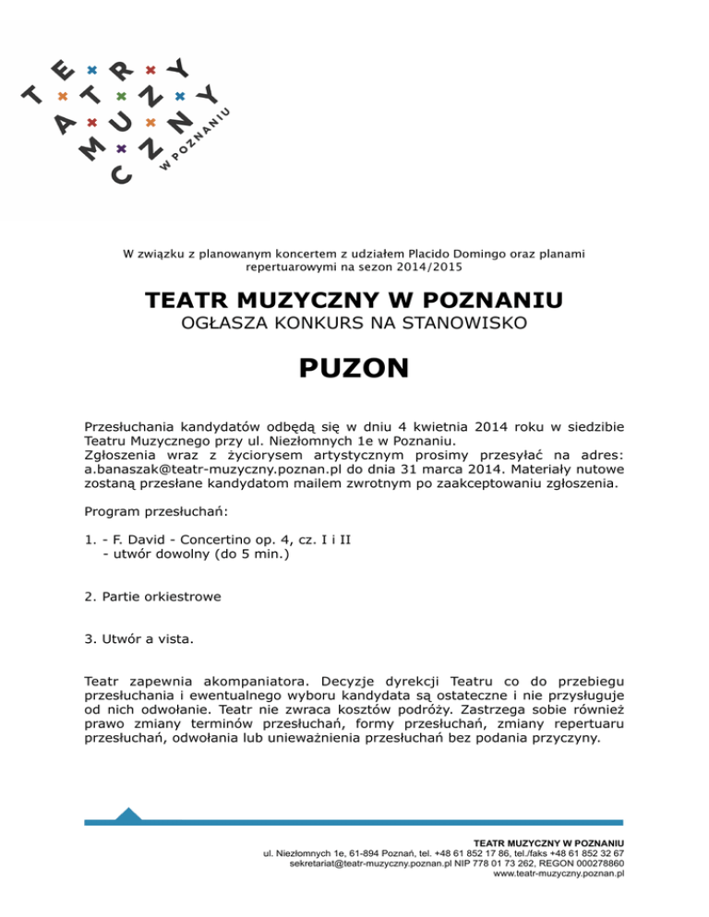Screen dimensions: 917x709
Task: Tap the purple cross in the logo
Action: tap(121, 148)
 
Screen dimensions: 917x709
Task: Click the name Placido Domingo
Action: tap(509, 252)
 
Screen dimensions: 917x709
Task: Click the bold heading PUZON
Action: tap(354, 370)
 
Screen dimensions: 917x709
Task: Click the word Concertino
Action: tap(221, 540)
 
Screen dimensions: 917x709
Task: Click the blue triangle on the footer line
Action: tap(128, 816)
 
